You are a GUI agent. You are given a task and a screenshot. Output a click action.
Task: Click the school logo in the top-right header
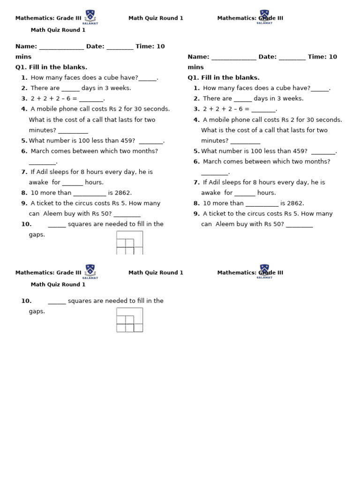click(x=264, y=16)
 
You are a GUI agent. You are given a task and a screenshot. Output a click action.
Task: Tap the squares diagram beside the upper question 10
click(x=129, y=243)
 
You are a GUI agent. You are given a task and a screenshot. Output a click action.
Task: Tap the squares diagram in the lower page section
click(x=129, y=320)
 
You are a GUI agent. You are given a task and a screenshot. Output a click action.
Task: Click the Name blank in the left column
click(x=61, y=47)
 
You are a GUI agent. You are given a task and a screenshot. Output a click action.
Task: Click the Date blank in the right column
click(x=292, y=57)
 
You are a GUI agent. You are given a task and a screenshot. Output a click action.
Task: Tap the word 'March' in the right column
click(x=212, y=161)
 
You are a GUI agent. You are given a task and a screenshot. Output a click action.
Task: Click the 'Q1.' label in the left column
click(x=22, y=67)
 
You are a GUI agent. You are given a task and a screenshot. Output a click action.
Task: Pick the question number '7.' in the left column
click(x=24, y=172)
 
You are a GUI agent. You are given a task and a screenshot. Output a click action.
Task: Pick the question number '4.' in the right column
click(x=197, y=120)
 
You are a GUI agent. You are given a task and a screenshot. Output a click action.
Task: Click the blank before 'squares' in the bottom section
click(x=57, y=301)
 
